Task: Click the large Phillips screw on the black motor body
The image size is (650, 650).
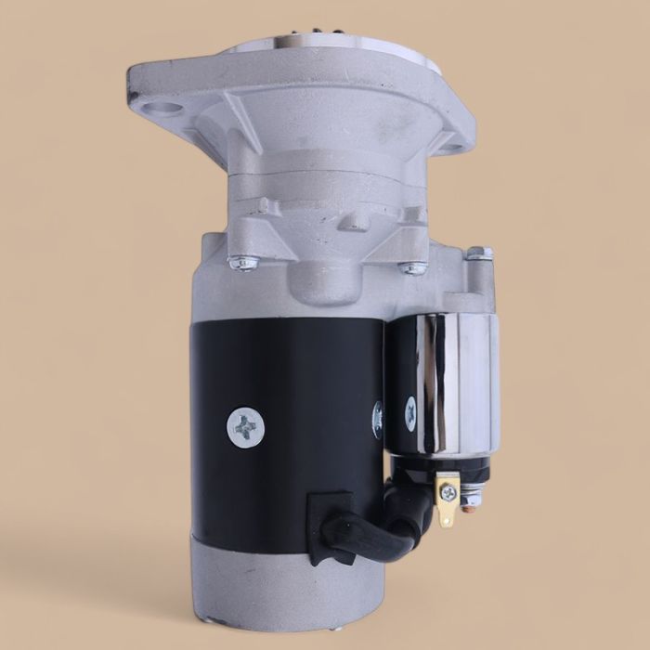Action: tap(246, 429)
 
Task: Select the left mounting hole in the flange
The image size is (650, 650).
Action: tap(167, 111)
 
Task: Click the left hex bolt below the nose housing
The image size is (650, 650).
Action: tap(243, 264)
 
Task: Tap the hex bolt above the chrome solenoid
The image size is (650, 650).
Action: tap(476, 253)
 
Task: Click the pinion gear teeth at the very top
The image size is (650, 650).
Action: tap(306, 39)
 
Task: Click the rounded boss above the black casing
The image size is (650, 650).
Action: tap(325, 279)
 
